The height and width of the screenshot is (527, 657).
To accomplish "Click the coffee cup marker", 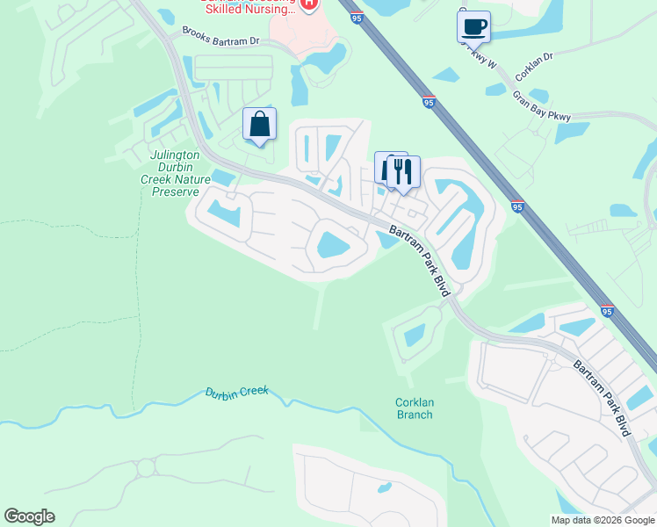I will [473, 26].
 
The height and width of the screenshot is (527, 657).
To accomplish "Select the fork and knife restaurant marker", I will [403, 170].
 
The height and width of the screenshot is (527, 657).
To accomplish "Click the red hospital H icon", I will [307, 4].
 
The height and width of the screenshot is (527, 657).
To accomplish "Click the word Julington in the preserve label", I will [175, 155].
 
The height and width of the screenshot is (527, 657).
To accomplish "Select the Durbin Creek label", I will [236, 393].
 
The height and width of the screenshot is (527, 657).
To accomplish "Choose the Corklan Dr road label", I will [535, 56].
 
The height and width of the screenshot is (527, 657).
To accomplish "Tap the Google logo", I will [29, 516].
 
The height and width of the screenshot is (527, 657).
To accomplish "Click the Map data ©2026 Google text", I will [603, 520].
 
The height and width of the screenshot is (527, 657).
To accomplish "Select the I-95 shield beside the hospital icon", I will [356, 18].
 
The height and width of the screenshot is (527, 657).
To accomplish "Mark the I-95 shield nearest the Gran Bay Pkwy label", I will [428, 103].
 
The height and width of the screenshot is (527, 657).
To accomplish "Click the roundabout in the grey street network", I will [146, 468].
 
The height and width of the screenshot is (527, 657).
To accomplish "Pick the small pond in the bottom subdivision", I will [383, 487].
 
